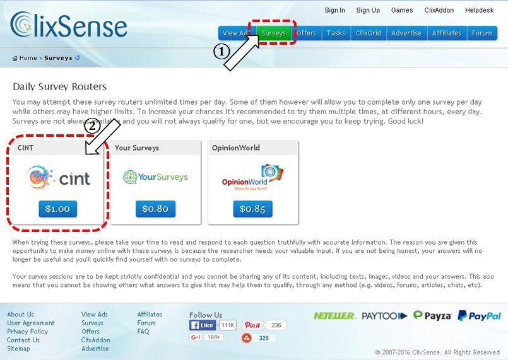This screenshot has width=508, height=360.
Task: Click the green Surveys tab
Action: [x=274, y=33]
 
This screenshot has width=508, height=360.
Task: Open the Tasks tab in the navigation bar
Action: [x=336, y=33]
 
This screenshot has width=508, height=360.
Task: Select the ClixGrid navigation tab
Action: [x=369, y=33]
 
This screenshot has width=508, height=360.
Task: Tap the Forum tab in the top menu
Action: [x=481, y=33]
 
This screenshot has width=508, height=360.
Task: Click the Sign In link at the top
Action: [x=334, y=10]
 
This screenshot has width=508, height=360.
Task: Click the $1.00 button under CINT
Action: [x=57, y=209]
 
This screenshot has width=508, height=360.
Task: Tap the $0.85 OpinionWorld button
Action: [x=252, y=209]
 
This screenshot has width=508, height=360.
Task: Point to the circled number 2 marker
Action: [x=92, y=125]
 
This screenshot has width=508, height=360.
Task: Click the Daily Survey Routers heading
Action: [x=59, y=86]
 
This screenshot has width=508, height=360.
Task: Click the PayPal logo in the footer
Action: [x=480, y=316]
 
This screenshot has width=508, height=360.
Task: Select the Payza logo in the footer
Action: [x=432, y=315]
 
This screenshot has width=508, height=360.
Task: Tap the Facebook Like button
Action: [x=203, y=325]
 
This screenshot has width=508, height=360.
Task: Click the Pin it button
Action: [x=252, y=325]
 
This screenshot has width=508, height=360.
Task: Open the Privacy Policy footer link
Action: [x=27, y=332]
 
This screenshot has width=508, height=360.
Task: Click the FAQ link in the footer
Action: [x=143, y=332]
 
